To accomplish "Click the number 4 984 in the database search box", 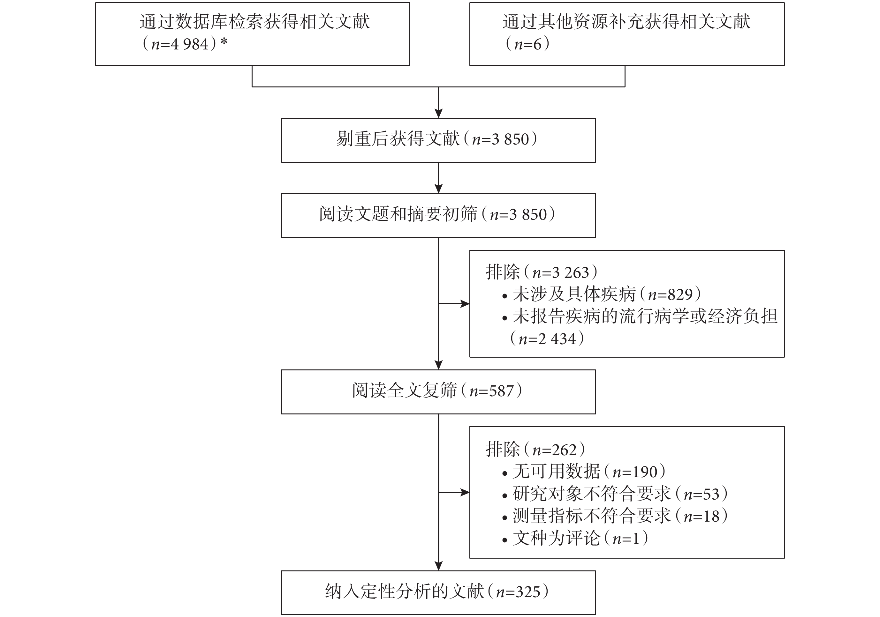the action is pos(190,44).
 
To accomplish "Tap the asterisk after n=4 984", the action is pos(224,41).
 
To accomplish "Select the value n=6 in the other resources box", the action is pos(528,44).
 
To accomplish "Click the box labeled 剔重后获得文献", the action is pos(438,140).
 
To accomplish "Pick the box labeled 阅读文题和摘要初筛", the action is pos(438,215).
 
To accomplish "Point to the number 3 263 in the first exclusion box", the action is pos(570,273).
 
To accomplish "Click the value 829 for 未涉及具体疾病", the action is pos(680,294).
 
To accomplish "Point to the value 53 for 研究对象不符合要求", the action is pos(711,494).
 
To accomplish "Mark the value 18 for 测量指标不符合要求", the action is pos(711,517).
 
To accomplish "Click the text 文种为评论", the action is pos(557,539).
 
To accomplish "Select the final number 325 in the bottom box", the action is pos(528,592).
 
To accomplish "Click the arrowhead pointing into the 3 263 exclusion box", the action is pos(465,304).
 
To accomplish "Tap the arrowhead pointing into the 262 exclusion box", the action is pos(465,493).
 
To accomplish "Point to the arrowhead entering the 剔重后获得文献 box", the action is pos(438,113).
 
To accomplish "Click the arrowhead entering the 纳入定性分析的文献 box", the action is pos(438,566).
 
